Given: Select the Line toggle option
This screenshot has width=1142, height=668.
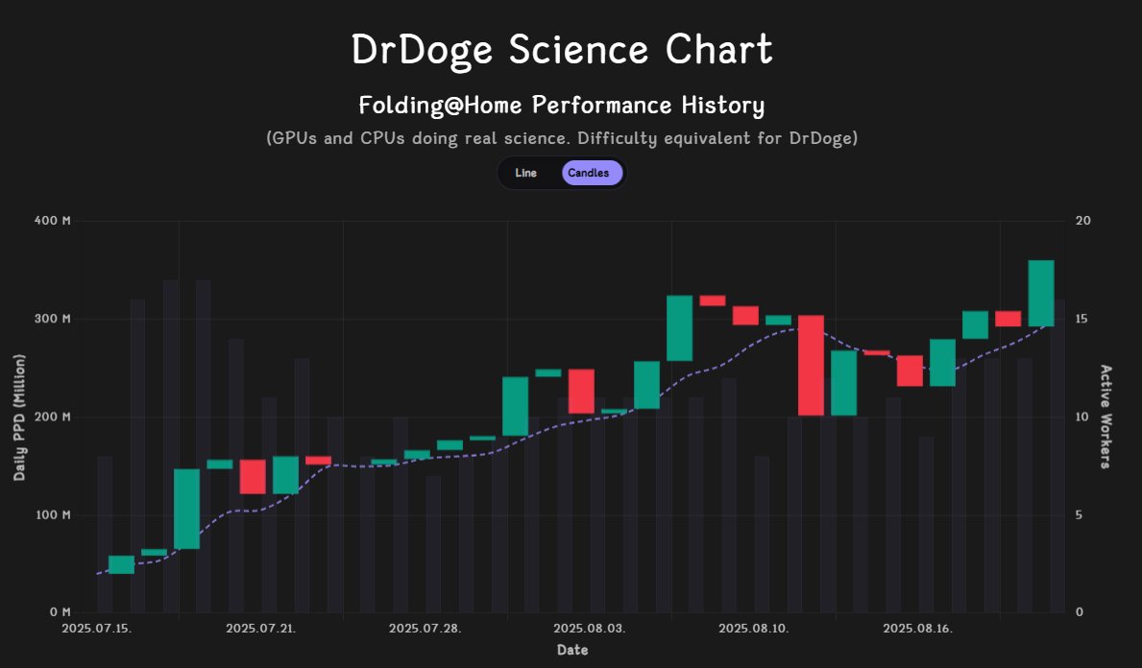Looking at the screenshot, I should (x=525, y=173).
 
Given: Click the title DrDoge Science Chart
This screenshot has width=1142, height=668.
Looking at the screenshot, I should (x=562, y=50).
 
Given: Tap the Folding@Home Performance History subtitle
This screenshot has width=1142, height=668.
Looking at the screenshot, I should (x=562, y=105).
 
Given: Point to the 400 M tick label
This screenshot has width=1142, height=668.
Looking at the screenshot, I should (x=53, y=221).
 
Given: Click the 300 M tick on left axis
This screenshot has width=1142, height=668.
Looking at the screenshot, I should (x=53, y=319).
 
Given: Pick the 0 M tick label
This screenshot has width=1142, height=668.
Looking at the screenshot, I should (x=59, y=612).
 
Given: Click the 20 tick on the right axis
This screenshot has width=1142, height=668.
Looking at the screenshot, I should (x=1082, y=221).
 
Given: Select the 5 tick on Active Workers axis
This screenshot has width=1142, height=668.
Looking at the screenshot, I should (x=1080, y=514).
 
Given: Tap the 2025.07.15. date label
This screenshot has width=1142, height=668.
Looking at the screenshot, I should (x=97, y=629).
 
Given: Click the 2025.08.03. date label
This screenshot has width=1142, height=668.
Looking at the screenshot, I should (x=590, y=629).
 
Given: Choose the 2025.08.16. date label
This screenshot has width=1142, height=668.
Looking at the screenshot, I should (x=918, y=629).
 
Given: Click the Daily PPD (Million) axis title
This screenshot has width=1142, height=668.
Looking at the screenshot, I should (x=19, y=417).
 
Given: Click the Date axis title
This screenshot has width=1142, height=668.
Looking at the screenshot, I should (x=572, y=650).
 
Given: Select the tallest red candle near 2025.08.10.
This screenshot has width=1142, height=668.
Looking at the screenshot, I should (x=811, y=365).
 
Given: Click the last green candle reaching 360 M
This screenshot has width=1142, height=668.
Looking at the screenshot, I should (x=1041, y=293).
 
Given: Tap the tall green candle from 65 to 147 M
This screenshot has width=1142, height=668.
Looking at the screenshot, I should (x=186, y=509).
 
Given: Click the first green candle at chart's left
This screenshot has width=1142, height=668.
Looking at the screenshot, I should (x=121, y=564).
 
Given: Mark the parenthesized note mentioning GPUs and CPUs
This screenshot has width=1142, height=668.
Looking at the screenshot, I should (x=562, y=138).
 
